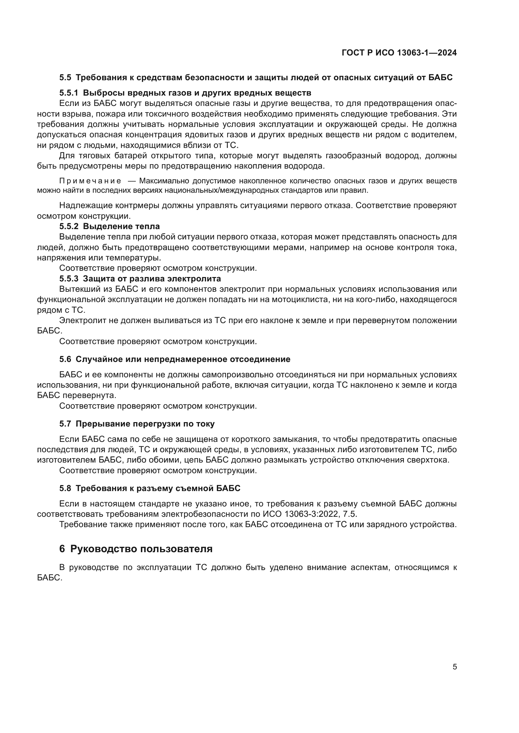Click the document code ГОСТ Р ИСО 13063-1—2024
[x=399, y=53]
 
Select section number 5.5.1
[x=69, y=93]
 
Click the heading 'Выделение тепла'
[x=121, y=226]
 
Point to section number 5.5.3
[x=69, y=279]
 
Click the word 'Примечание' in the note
[x=90, y=181]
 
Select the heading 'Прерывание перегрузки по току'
[x=145, y=424]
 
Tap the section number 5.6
[x=65, y=359]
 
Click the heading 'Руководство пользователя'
[x=141, y=548]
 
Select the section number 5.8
[x=65, y=488]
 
